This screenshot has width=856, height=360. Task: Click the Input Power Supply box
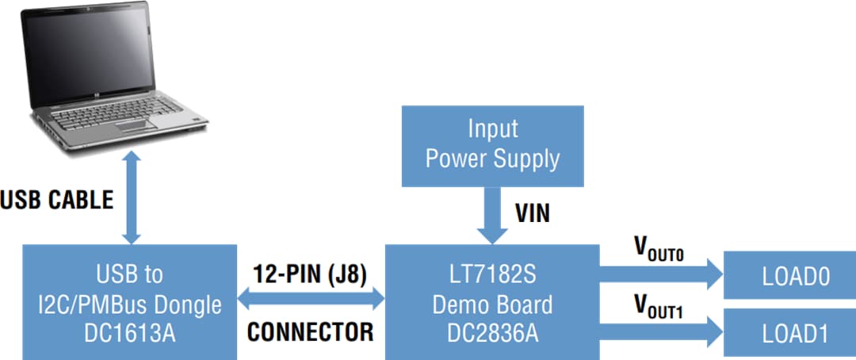(x=492, y=144)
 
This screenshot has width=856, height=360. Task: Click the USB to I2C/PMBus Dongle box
(x=130, y=302)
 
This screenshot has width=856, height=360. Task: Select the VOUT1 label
(x=658, y=305)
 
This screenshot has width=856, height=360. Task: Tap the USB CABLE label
(x=56, y=199)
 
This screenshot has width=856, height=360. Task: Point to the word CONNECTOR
(x=310, y=331)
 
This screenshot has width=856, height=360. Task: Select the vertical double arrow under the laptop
(x=132, y=197)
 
